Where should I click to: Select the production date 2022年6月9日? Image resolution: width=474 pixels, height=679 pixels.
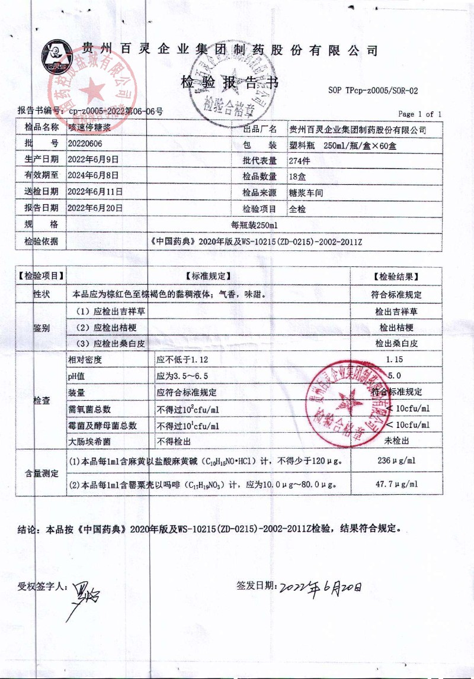(x=94, y=160)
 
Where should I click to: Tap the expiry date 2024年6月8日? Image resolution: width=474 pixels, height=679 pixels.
(x=94, y=176)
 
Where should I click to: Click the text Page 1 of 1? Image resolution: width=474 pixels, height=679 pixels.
(x=419, y=114)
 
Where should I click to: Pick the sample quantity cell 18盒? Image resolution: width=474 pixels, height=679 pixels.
(x=297, y=176)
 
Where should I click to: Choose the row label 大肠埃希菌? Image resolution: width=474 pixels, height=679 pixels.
(x=89, y=441)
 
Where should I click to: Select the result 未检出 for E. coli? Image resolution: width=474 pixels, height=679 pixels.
(x=396, y=441)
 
